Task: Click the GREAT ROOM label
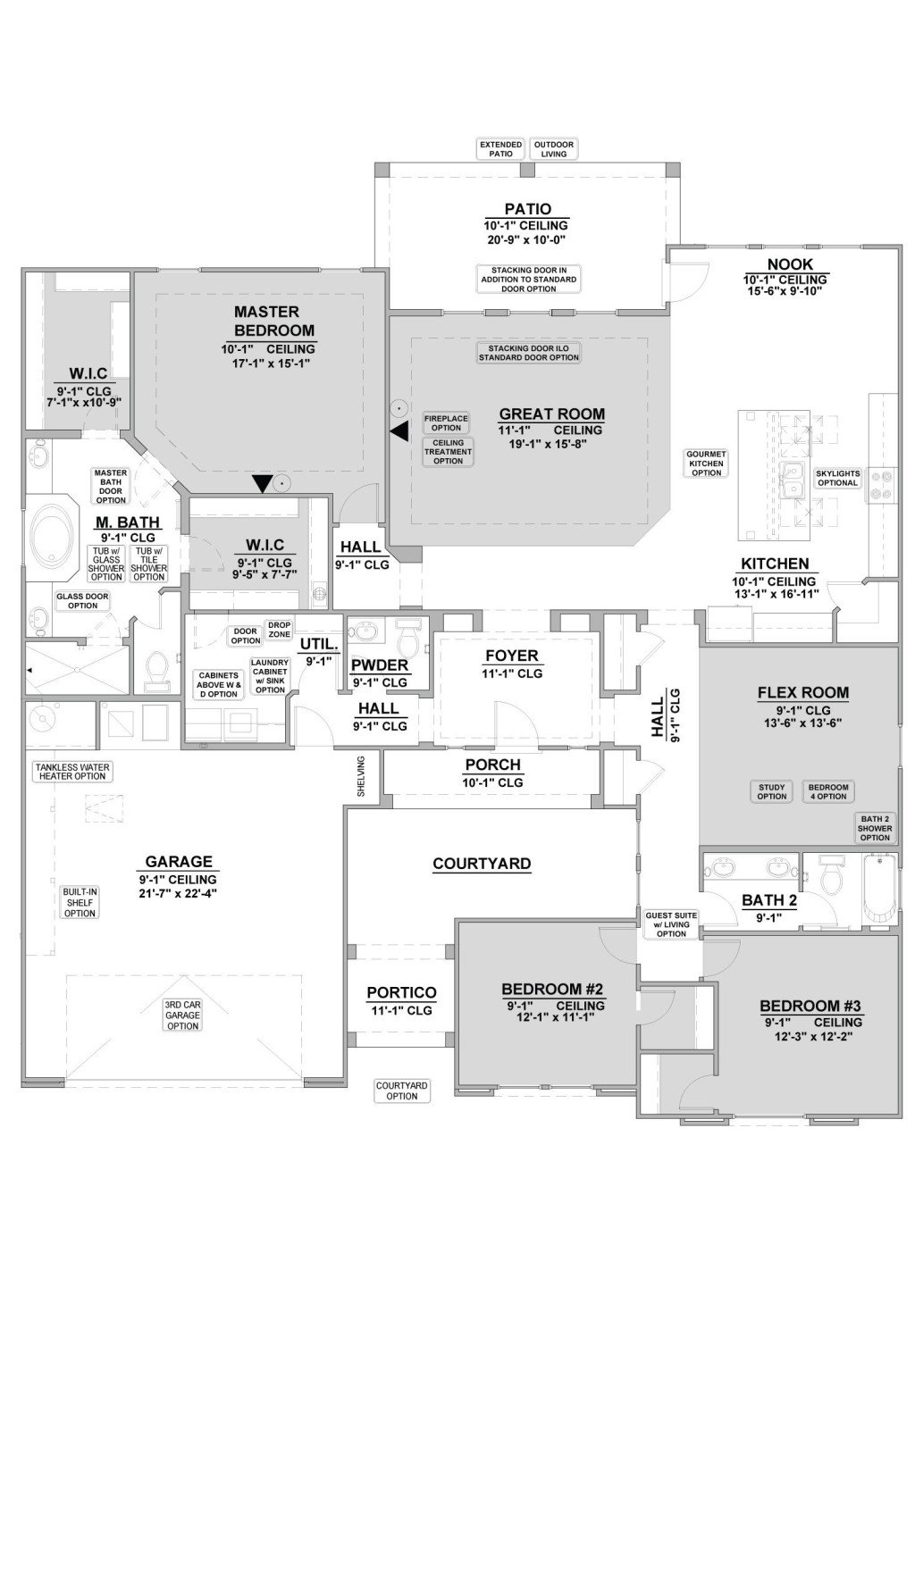(x=551, y=414)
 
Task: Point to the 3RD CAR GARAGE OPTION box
(x=182, y=1015)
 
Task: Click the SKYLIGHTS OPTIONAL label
(x=837, y=478)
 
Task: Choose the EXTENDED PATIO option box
(x=500, y=149)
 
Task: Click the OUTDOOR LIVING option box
(x=553, y=149)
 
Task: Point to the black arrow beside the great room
(x=399, y=431)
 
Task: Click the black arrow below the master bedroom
(x=261, y=483)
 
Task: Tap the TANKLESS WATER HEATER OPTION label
(x=71, y=771)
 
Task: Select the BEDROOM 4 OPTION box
(x=827, y=791)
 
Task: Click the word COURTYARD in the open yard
(x=482, y=864)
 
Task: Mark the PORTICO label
(x=401, y=992)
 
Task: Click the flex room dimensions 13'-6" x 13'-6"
(x=791, y=723)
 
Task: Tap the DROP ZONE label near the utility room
(x=279, y=629)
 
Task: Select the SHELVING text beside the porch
(x=361, y=775)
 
